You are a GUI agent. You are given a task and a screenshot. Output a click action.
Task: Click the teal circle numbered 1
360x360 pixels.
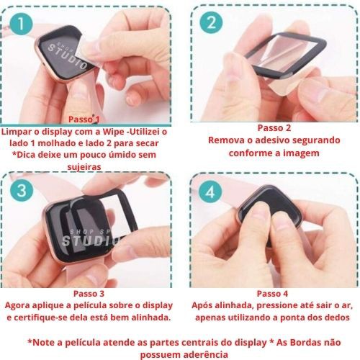(x=21, y=24)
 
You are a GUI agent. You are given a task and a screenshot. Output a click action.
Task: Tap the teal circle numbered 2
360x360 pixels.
(x=211, y=23)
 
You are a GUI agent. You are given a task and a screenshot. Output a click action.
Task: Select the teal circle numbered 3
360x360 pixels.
(x=22, y=191)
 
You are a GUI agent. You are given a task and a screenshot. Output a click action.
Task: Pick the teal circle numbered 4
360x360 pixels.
(x=210, y=192)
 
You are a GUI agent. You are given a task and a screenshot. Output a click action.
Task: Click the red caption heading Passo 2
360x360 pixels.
(x=274, y=128)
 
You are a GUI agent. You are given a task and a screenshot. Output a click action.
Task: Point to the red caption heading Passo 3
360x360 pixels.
(x=89, y=294)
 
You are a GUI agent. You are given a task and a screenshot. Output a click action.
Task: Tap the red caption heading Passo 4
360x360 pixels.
(x=272, y=294)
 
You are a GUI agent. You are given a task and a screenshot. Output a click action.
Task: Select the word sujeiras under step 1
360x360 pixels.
(x=84, y=166)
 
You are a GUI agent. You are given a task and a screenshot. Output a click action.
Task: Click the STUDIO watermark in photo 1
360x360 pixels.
(x=68, y=57)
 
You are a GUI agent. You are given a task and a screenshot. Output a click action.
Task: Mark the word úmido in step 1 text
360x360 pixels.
(x=124, y=155)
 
